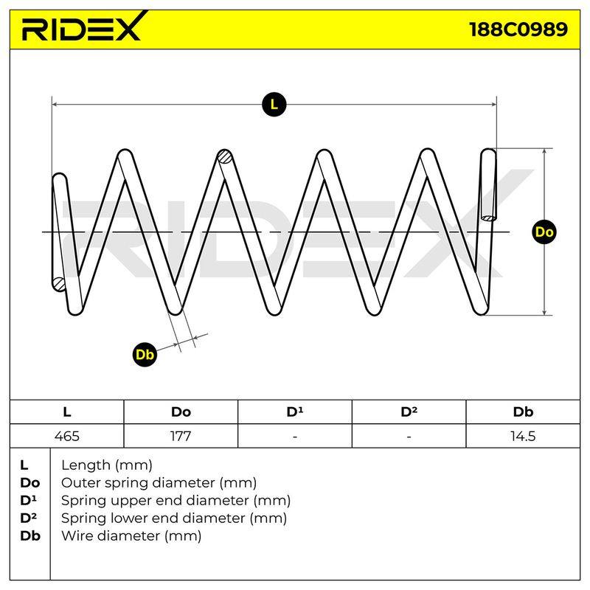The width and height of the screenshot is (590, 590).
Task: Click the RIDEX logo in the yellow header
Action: [83, 27]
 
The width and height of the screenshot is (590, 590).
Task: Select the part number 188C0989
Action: [518, 29]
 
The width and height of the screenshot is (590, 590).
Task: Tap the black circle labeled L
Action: [274, 104]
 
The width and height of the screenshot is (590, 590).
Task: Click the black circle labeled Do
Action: [544, 232]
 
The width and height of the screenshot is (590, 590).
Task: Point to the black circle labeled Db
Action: [145, 355]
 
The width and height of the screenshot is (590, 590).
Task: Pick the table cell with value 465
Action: [67, 436]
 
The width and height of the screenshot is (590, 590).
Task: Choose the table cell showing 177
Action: [181, 436]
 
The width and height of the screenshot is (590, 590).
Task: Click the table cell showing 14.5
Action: [523, 436]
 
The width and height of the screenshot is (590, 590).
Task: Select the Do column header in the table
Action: [181, 412]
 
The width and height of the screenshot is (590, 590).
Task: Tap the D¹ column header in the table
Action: [295, 412]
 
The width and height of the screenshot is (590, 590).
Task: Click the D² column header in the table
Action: [409, 412]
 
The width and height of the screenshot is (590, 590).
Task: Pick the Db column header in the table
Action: [523, 412]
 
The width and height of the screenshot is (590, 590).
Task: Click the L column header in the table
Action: [67, 412]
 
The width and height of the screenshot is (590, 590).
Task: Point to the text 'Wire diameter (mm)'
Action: [131, 535]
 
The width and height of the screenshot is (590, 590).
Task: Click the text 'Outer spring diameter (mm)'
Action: [159, 482]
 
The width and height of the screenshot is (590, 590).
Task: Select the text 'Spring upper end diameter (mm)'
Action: [176, 501]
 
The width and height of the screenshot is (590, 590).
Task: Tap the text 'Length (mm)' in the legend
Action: [107, 465]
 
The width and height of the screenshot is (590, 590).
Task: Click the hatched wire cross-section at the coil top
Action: [226, 156]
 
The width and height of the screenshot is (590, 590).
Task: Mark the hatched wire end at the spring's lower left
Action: [59, 284]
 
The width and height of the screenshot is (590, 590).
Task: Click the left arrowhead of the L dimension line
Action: [55, 104]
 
